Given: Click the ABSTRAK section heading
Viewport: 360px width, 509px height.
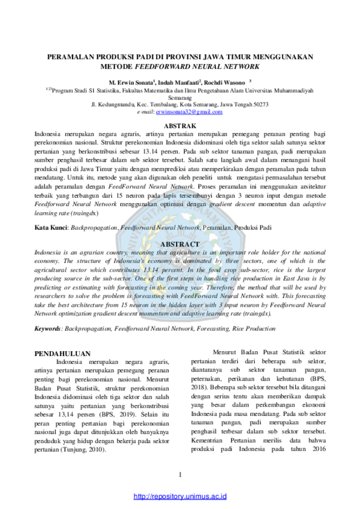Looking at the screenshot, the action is tap(180, 126).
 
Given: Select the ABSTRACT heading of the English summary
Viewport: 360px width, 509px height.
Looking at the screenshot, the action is tap(180, 244).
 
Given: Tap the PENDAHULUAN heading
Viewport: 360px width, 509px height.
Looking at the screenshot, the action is tap(63, 353).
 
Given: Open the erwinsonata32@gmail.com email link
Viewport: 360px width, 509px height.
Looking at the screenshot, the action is tap(189, 112).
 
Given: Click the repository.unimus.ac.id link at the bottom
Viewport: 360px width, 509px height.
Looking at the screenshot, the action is tap(180, 496).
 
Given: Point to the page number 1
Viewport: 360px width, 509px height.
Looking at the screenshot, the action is tap(180, 475).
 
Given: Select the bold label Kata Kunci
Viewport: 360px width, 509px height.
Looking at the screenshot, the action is tap(50, 227).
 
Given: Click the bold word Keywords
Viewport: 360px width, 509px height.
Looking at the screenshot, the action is tap(48, 328).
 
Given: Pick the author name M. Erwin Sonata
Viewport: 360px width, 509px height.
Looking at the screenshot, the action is tap(131, 83).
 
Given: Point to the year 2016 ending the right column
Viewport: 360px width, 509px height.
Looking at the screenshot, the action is tap(319, 449).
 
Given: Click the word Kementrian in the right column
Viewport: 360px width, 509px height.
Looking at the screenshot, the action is tap(207, 440).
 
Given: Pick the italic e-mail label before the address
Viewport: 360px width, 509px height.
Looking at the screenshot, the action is tap(145, 112).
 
